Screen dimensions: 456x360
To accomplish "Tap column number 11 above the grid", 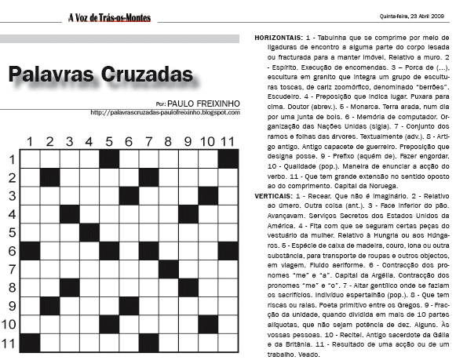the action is (x=228, y=142).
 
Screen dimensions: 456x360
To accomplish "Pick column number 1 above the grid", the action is (x=30, y=142).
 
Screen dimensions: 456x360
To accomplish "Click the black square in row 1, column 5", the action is (x=109, y=158).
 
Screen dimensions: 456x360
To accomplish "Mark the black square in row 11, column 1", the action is (x=30, y=342).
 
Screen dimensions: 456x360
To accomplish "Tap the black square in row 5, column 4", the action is (x=89, y=231).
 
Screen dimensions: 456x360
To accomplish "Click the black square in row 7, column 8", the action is (x=169, y=268).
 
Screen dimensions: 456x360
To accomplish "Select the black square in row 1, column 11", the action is (x=228, y=158).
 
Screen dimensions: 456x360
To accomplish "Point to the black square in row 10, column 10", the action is (x=209, y=323).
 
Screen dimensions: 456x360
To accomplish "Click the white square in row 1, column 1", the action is (x=30, y=158).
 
